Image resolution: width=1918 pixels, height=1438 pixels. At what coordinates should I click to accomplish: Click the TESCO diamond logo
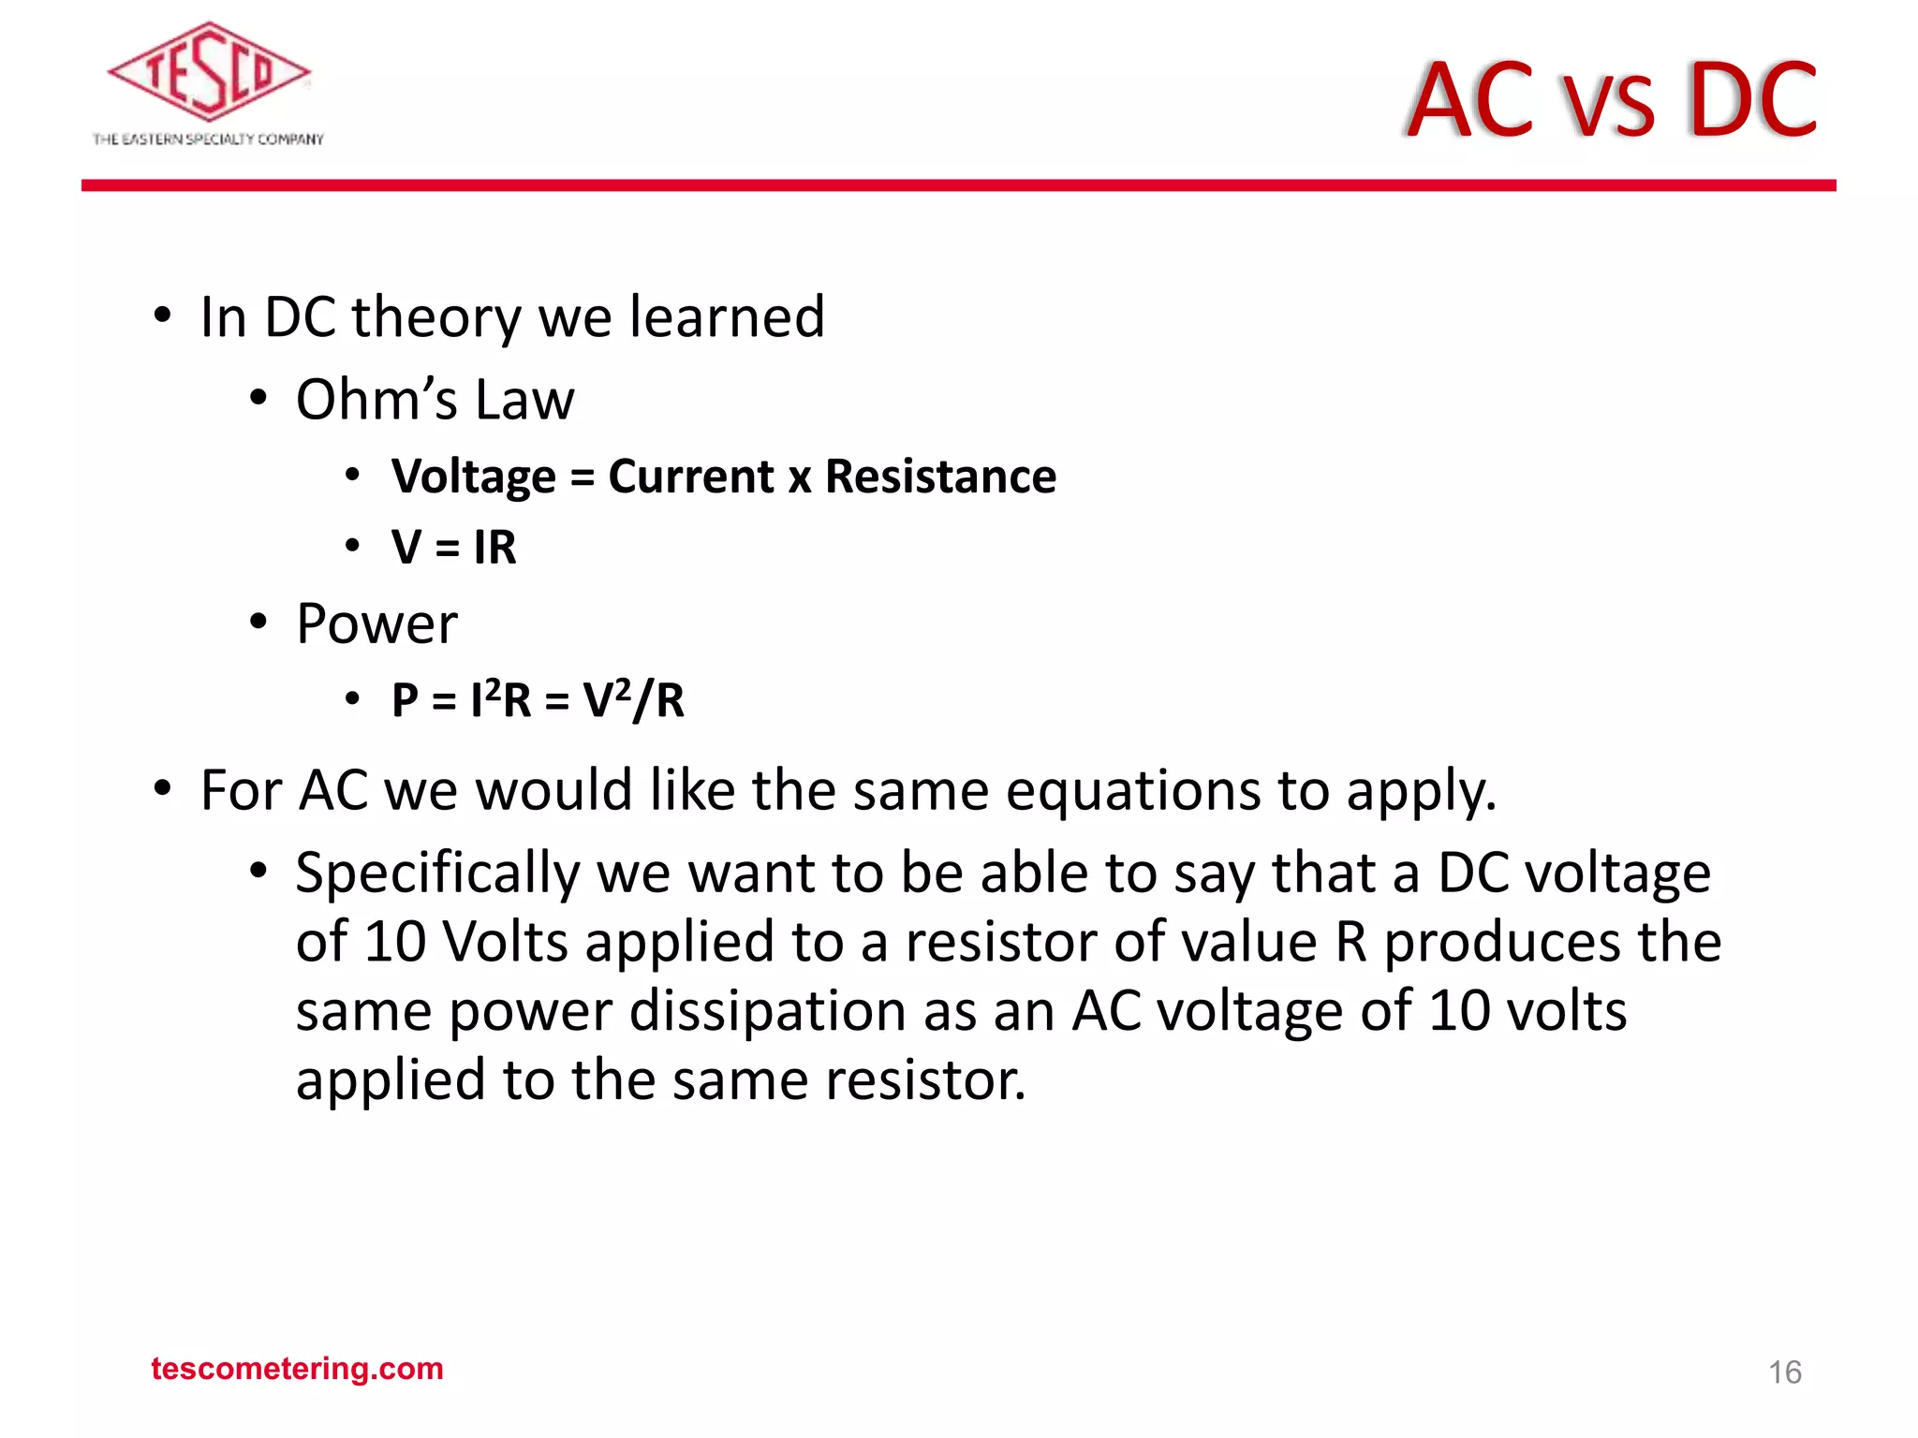pos(208,73)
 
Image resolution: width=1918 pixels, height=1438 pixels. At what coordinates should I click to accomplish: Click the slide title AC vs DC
pos(1611,99)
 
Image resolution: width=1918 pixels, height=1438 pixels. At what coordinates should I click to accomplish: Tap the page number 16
pos(1784,1372)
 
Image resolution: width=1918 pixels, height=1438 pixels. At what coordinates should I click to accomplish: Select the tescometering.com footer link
pos(297,1369)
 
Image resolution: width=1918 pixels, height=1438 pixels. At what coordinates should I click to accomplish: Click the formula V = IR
pos(453,547)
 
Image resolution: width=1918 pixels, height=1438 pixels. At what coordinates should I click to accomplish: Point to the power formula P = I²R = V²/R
pos(538,700)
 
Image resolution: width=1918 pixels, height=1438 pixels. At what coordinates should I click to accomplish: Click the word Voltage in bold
pos(474,477)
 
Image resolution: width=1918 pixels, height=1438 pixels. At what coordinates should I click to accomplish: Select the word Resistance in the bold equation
pos(940,477)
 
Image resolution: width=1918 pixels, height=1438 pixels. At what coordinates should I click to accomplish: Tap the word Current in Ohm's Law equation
pos(690,477)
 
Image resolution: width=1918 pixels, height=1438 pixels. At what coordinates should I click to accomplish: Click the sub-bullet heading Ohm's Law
pos(435,400)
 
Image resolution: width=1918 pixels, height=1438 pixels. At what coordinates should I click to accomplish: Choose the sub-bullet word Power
pos(376,624)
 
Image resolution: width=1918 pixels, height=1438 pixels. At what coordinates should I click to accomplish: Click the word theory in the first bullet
pos(435,318)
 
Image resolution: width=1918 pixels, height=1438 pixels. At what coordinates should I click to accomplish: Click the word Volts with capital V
pos(505,942)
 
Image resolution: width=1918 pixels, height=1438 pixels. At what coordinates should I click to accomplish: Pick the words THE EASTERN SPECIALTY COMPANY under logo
pos(208,139)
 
